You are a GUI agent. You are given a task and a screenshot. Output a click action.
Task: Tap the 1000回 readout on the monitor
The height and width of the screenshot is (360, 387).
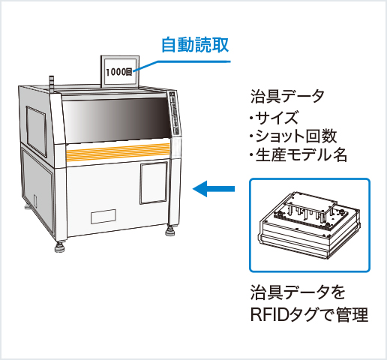pos(119,73)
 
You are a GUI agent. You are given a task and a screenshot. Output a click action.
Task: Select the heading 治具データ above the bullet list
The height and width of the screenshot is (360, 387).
pos(287,97)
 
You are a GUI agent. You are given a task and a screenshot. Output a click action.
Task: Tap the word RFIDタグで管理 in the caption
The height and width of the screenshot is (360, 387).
pos(308,314)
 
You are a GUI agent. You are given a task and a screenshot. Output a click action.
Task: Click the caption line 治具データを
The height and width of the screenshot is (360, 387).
pos(297,291)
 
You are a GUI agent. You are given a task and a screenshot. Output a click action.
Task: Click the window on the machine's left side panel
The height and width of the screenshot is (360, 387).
pos(36,123)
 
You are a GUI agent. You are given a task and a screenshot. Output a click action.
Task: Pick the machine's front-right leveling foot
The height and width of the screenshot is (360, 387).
pos(172,229)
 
